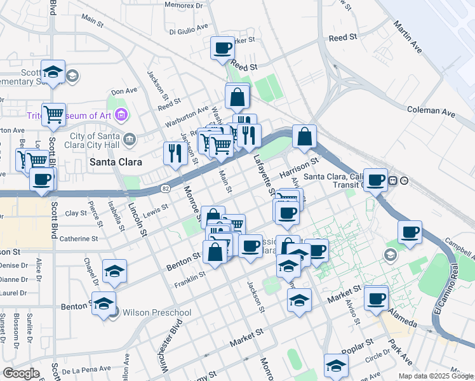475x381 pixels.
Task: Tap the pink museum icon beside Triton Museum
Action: click(x=123, y=116)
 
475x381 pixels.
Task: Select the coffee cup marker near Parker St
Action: click(x=223, y=48)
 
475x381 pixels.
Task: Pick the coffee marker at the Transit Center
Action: click(x=376, y=180)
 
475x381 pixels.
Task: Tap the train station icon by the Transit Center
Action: click(x=393, y=181)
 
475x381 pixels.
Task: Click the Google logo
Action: click(x=21, y=373)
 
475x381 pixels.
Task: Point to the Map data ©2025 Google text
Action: click(x=435, y=376)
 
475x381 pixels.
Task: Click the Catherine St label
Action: click(x=78, y=239)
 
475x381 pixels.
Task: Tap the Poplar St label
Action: click(x=357, y=346)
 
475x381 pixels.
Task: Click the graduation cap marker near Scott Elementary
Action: click(x=53, y=71)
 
